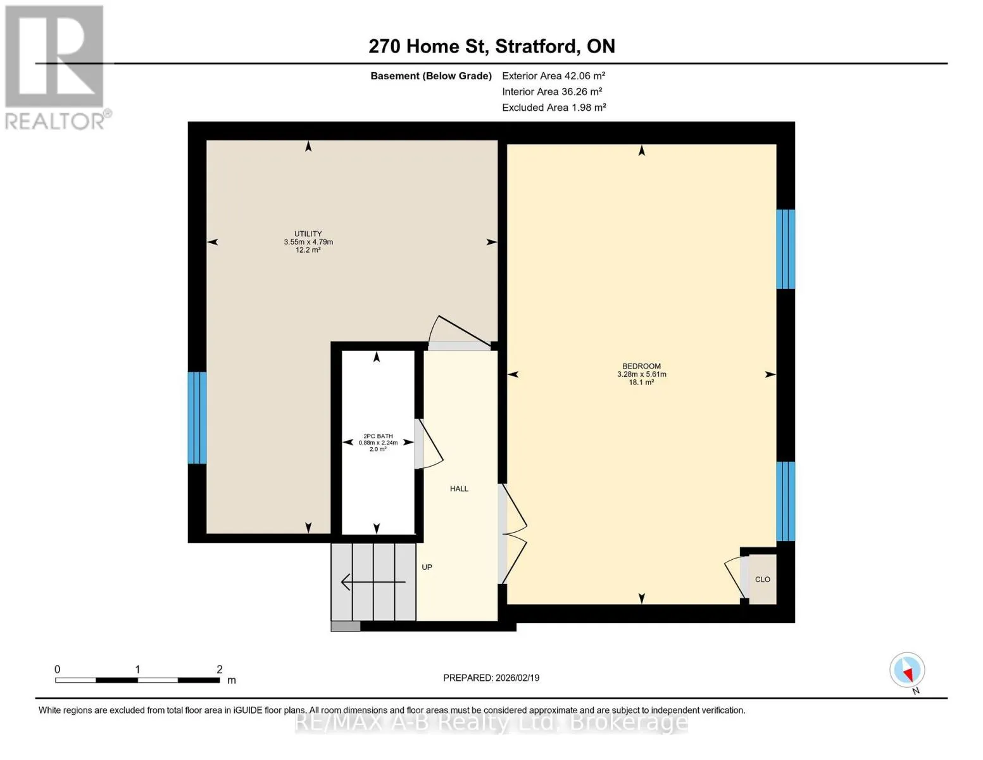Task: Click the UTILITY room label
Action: (308, 234)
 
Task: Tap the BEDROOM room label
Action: (641, 365)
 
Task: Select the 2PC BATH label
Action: (378, 436)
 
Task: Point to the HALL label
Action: (459, 488)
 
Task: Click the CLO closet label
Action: (762, 579)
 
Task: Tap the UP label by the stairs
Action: (427, 567)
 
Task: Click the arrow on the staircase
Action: (373, 581)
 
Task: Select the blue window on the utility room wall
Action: (197, 417)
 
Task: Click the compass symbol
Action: (906, 670)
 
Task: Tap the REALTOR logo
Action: (56, 68)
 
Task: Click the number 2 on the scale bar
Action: (220, 669)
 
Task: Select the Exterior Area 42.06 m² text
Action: (553, 75)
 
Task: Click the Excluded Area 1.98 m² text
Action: (554, 107)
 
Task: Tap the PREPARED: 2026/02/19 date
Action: (491, 678)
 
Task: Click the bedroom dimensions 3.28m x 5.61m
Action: (641, 374)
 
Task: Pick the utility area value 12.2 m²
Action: (308, 250)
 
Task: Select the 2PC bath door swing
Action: (430, 444)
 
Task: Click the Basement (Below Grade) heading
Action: (430, 75)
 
